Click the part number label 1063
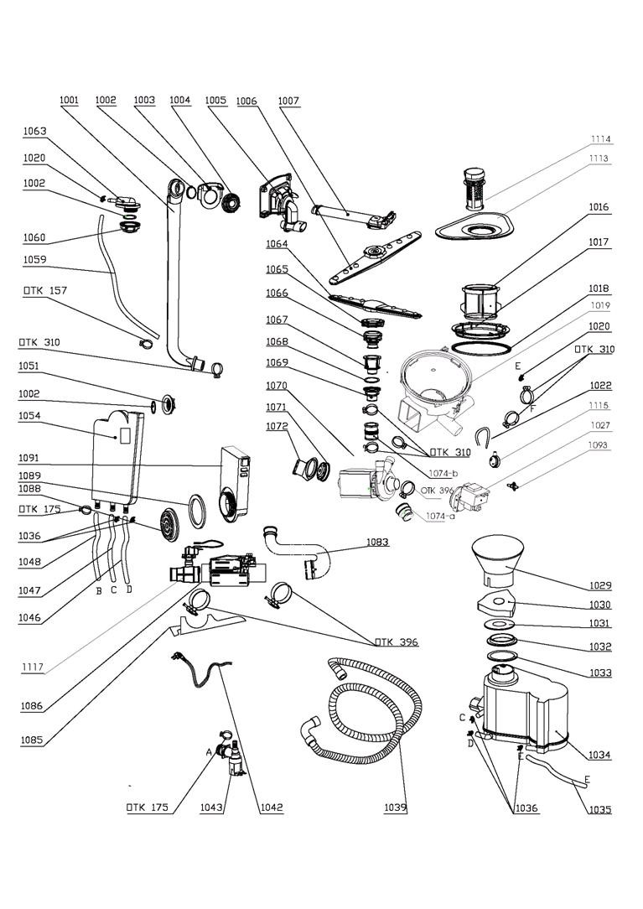(x=34, y=131)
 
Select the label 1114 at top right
(x=599, y=139)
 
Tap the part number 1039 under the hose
(x=396, y=808)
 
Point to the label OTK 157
(x=44, y=290)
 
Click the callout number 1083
(x=377, y=542)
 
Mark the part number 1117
(x=34, y=667)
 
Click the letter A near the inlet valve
(x=210, y=752)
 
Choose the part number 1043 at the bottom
(x=211, y=808)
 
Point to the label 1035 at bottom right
(x=599, y=809)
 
